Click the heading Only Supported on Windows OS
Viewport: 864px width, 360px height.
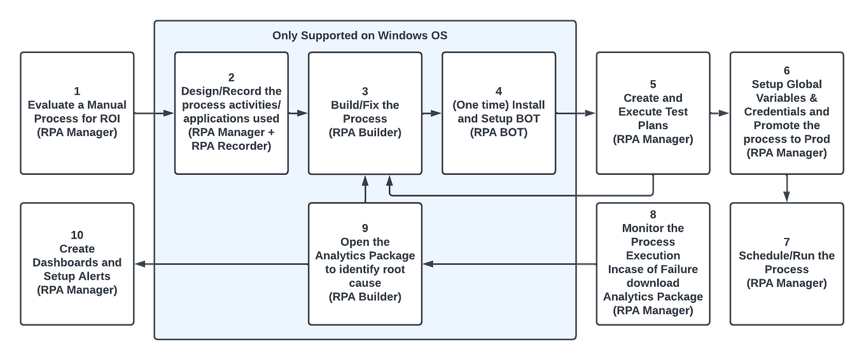click(x=359, y=36)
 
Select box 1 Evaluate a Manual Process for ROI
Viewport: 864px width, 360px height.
click(x=77, y=113)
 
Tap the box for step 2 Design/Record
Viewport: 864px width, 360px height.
click(x=231, y=113)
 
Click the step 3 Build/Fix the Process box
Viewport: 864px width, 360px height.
click(x=365, y=113)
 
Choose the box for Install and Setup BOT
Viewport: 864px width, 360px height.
click(x=498, y=113)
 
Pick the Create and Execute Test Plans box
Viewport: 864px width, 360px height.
click(x=653, y=113)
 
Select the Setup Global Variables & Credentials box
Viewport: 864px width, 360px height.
click(x=786, y=113)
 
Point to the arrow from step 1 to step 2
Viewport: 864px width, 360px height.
click(x=154, y=113)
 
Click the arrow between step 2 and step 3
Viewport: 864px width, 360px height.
click(x=298, y=113)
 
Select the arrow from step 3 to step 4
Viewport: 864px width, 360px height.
click(x=431, y=113)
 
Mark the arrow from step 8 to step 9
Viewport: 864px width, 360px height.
click(x=509, y=264)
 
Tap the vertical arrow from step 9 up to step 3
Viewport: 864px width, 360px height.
click(x=365, y=189)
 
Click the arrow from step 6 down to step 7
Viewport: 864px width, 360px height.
click(x=787, y=188)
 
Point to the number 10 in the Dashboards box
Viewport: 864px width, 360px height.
click(x=77, y=235)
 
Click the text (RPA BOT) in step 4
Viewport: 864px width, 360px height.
click(x=498, y=133)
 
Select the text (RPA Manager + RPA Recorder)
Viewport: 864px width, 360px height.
click(x=231, y=139)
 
